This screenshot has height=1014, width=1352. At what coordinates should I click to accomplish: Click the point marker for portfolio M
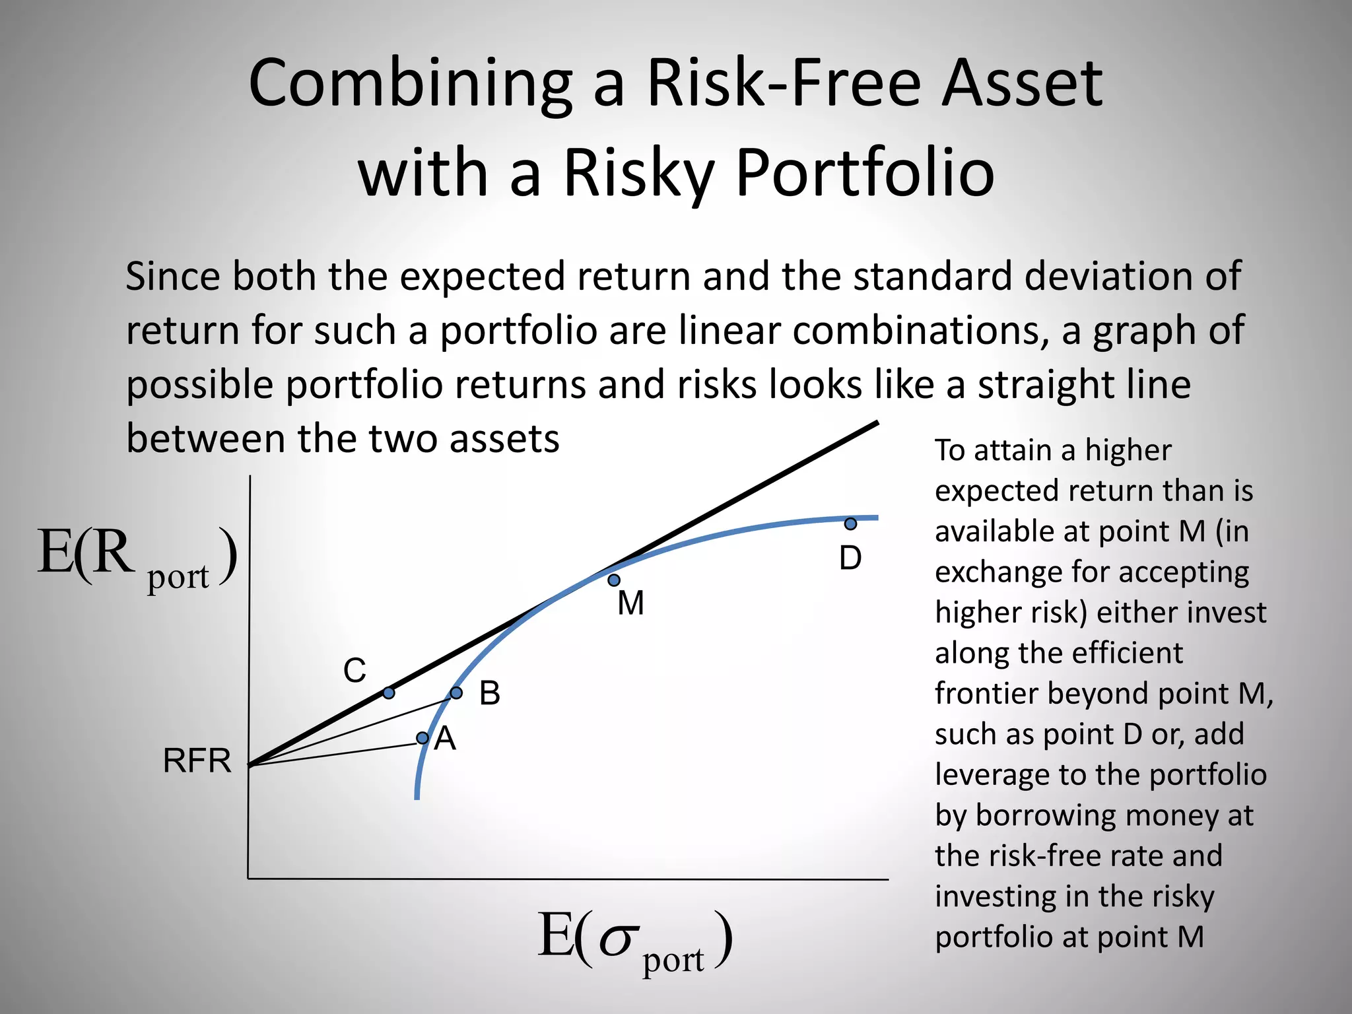tap(614, 580)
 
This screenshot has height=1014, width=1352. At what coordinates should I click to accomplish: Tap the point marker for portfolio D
tap(851, 524)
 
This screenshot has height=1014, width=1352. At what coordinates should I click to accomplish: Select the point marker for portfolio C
tap(389, 693)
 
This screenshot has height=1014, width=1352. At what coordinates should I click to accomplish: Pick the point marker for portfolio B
tap(456, 693)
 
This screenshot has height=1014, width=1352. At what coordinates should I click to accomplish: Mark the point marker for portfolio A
tap(422, 737)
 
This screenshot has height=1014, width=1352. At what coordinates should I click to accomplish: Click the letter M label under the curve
tap(630, 603)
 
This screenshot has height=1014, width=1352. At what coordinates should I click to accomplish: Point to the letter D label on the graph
tap(850, 558)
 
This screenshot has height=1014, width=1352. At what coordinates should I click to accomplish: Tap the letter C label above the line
tap(355, 671)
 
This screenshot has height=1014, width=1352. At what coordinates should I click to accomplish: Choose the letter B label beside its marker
tap(490, 694)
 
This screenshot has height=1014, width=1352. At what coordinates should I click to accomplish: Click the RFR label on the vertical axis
tap(197, 761)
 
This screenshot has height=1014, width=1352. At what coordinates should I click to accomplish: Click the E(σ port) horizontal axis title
tap(634, 940)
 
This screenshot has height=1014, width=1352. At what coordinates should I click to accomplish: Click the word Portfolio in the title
tap(865, 173)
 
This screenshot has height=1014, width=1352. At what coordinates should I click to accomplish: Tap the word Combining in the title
tap(410, 84)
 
